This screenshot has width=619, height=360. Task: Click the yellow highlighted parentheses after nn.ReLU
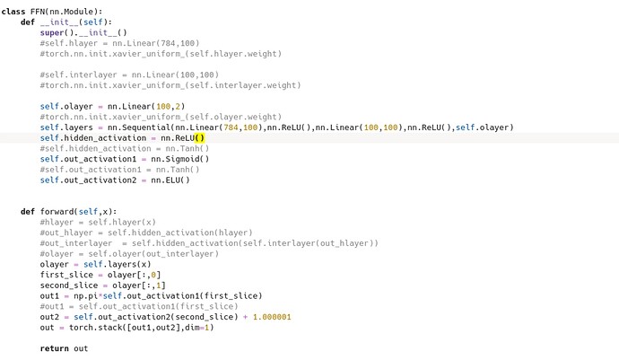tap(199, 138)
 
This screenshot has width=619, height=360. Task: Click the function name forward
tap(57, 212)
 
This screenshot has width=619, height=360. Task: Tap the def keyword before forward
tap(28, 212)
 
